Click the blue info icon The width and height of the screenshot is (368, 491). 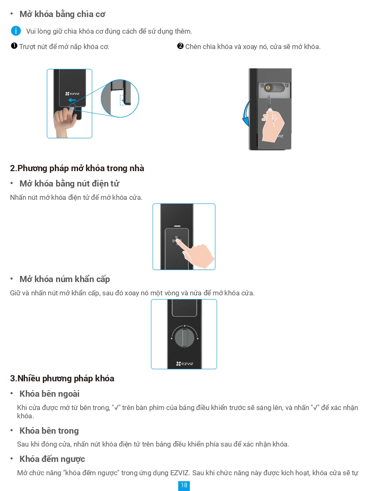(16, 31)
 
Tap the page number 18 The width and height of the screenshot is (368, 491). (184, 485)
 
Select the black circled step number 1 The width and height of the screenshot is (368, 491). (14, 46)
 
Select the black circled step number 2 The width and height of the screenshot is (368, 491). (180, 46)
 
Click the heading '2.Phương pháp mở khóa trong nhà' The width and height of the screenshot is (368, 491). (77, 168)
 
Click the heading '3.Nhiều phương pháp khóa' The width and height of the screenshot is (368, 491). (62, 378)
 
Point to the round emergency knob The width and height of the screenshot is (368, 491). (184, 337)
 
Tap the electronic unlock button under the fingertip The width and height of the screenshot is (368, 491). (176, 241)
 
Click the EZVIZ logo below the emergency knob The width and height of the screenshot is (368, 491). (184, 364)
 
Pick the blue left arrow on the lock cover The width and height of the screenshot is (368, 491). (73, 100)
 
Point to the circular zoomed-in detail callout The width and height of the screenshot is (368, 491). (120, 98)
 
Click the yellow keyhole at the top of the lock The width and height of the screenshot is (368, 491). (268, 88)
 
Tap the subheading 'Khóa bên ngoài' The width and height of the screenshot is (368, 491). (49, 394)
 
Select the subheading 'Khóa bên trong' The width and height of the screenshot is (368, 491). (49, 431)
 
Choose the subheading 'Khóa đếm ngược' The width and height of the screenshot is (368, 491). (52, 459)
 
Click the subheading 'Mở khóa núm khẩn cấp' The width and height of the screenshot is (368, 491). (64, 279)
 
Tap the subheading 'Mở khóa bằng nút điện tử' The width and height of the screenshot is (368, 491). (69, 184)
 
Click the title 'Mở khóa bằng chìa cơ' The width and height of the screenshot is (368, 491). (62, 14)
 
